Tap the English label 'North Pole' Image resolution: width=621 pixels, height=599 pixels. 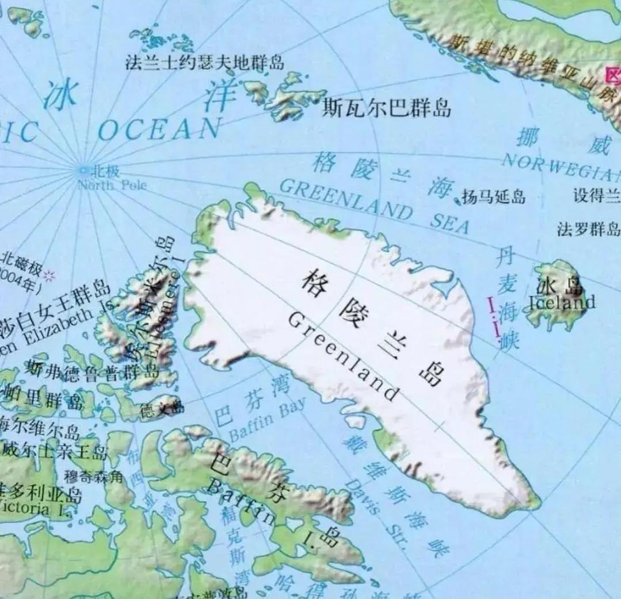tap(112, 185)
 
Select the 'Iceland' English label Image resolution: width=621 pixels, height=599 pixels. tap(562, 302)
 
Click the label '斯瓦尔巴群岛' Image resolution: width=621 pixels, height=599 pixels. tap(386, 107)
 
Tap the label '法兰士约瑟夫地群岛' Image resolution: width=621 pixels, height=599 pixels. tap(204, 62)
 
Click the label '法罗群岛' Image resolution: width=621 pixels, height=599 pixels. tap(588, 229)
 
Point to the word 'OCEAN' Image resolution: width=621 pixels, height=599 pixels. tap(159, 129)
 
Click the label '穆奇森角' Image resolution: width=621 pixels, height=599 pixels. tap(93, 476)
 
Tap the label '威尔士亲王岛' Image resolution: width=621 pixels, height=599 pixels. tap(55, 451)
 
